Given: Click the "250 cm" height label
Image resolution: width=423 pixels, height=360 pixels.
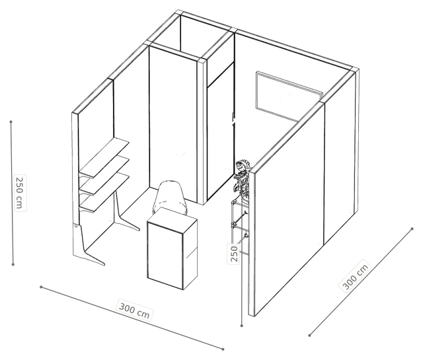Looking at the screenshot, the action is (x=20, y=193).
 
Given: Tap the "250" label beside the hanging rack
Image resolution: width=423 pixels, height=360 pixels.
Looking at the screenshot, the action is (x=234, y=254).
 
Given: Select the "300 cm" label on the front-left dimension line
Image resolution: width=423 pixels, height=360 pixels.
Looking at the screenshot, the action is (x=134, y=311).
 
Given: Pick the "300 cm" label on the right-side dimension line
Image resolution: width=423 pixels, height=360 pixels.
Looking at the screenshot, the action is (x=355, y=276).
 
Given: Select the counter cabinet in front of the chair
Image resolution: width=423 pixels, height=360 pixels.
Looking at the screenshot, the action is (x=172, y=248).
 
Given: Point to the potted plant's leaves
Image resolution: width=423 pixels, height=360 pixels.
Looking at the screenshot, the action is (x=242, y=176).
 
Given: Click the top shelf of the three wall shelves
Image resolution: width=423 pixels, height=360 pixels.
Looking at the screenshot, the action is (x=104, y=157).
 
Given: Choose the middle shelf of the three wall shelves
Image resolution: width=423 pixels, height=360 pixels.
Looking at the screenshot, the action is (x=104, y=175).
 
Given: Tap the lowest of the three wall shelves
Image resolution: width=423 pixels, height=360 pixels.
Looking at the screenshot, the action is (x=104, y=192).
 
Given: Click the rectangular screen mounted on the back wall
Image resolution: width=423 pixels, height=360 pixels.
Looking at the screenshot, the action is (x=289, y=96).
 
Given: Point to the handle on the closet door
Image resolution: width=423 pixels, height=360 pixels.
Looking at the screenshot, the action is (x=233, y=120).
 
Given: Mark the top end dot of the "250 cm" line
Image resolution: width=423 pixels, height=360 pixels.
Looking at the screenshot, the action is (x=11, y=122).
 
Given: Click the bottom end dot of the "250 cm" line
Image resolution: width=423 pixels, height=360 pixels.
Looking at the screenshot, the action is (x=13, y=264).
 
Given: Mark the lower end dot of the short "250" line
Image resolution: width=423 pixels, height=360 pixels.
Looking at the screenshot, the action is (x=242, y=326).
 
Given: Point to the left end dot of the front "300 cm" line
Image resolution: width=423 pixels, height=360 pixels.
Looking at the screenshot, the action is (x=41, y=287).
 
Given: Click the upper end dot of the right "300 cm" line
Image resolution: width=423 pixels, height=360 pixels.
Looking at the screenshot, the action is (x=412, y=229).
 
